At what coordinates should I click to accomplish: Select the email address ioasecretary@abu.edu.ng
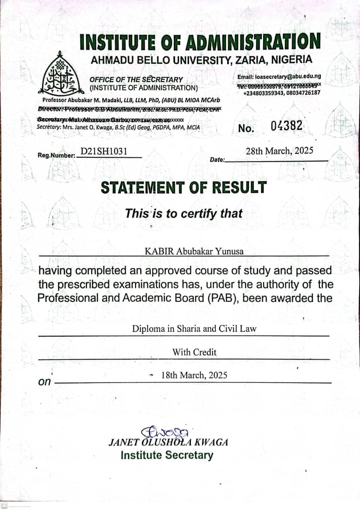pos(279,76)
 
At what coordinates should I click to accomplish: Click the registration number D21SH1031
pos(104,152)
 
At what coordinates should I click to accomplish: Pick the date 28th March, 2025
pos(279,151)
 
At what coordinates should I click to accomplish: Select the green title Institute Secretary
pos(167,455)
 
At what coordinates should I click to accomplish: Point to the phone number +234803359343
pos(262,93)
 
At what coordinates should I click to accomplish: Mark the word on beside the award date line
pos(44,382)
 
